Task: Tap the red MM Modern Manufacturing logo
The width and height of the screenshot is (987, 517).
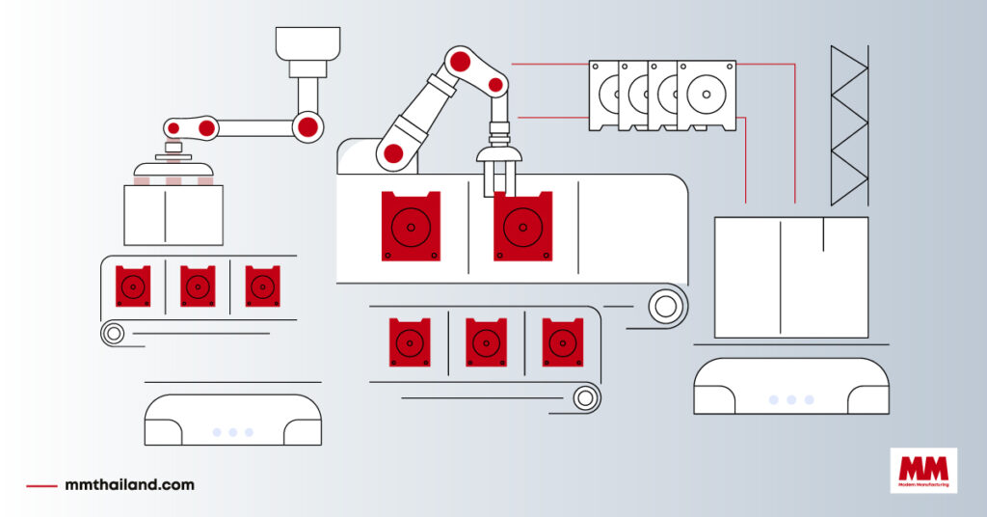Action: pos(923,472)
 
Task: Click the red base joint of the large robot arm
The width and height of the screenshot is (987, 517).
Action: pos(393,152)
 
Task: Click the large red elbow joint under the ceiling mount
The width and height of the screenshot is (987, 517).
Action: pos(307,125)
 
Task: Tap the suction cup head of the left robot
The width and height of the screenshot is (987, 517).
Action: pos(173,163)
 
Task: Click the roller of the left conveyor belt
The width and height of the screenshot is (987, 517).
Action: pos(114,334)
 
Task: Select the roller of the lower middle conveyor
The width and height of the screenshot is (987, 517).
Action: pos(584,396)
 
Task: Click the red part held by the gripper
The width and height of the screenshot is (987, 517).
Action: pos(522,227)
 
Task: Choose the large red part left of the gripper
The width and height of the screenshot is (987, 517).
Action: pos(411,227)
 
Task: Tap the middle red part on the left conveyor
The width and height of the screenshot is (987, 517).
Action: pos(198,286)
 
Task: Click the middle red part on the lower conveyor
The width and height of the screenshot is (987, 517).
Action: pos(486,342)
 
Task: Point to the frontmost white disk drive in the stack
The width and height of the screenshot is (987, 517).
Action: pos(707,95)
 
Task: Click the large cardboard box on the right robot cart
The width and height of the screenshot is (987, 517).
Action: pos(790,277)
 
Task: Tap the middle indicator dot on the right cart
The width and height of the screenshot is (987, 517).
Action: pos(791,399)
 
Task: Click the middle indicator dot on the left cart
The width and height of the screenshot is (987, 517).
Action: pos(232,432)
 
